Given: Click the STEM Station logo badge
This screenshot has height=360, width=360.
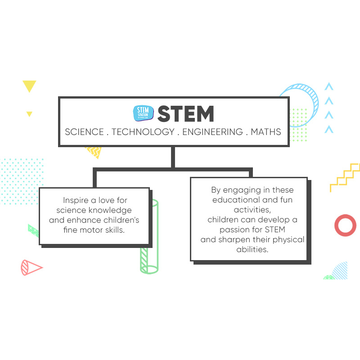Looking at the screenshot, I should [144, 113].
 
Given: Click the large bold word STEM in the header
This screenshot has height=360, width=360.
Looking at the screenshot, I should [185, 114].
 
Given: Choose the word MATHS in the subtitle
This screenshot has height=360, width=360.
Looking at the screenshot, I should [266, 132].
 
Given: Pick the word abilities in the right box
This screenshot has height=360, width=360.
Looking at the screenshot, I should [252, 249].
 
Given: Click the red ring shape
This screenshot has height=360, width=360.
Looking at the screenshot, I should [345, 225].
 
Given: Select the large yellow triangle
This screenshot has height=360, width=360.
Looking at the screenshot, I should [29, 85].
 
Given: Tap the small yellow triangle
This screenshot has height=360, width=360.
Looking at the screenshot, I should [29, 114].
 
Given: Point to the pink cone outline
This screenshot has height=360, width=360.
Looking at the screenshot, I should [31, 268].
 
